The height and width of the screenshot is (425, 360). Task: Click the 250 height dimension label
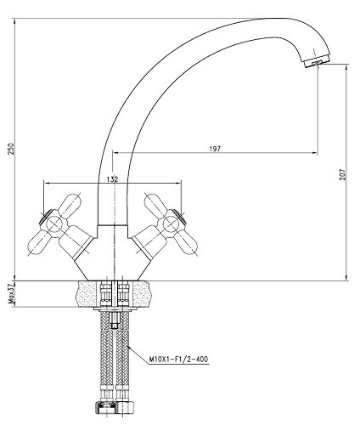click(x=11, y=149)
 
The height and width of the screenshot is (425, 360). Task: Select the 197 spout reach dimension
click(x=215, y=149)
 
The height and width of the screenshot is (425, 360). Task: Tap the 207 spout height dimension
click(x=343, y=174)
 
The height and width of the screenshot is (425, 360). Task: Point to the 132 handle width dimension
click(x=112, y=179)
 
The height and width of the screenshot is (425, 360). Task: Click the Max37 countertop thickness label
click(x=11, y=293)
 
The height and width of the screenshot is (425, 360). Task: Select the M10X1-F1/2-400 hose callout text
click(x=178, y=360)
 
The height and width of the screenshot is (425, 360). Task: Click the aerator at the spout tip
click(x=318, y=62)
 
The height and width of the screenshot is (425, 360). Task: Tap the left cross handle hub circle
click(x=53, y=226)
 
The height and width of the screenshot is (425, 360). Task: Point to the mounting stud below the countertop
click(x=115, y=320)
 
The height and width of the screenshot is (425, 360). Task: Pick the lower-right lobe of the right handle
click(x=186, y=244)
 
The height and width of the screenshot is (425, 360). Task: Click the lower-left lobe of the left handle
click(x=38, y=244)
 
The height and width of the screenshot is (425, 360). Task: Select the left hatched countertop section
click(x=88, y=293)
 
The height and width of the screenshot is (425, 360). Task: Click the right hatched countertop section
click(x=141, y=293)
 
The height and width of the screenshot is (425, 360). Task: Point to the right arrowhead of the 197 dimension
click(x=315, y=153)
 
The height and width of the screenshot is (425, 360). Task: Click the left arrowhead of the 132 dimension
click(x=46, y=183)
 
